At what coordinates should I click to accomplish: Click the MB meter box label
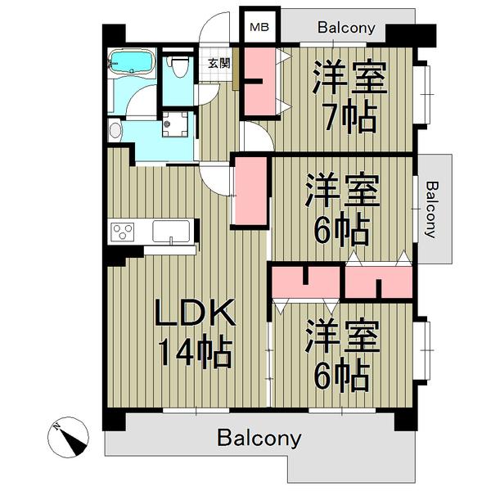tap(259, 27)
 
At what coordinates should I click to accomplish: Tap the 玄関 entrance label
tap(219, 64)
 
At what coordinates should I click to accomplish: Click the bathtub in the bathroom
tap(132, 61)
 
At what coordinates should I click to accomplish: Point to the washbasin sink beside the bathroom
tap(115, 130)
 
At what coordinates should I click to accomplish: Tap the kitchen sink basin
tap(171, 231)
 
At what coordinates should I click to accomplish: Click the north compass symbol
tap(68, 436)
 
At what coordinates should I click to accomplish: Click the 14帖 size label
tap(196, 351)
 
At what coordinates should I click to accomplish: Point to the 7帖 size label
tap(349, 119)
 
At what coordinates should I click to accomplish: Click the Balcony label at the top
tap(346, 28)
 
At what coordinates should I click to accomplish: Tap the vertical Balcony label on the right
tap(432, 209)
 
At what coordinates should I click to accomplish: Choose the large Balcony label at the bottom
tap(259, 439)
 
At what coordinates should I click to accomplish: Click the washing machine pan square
tap(175, 124)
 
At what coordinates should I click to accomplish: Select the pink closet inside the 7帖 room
tap(259, 81)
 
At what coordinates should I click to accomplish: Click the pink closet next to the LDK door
tap(250, 191)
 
